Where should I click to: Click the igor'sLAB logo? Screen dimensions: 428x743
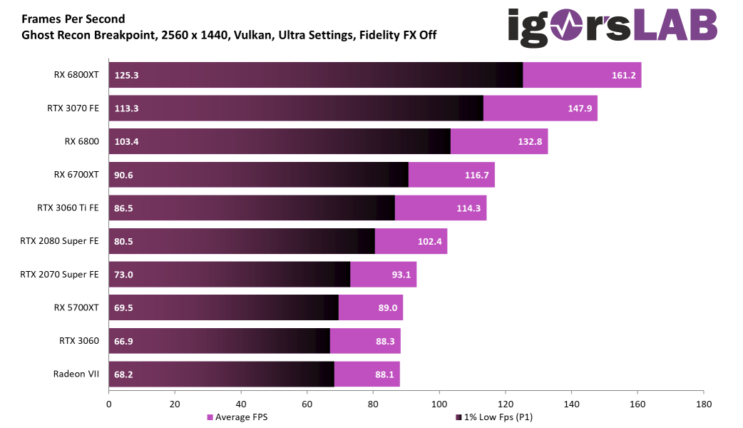pos(612,25)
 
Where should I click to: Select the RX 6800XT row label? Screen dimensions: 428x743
pos(76,75)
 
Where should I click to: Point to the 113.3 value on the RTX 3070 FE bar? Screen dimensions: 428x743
pos(126,108)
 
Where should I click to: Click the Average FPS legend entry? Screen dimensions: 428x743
pos(237,417)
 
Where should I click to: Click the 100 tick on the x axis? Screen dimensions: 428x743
pos(439,404)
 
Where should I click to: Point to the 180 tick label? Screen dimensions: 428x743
pos(703,404)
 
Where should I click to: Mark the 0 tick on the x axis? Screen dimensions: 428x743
pos(109,404)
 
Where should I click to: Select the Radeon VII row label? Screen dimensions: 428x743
pos(76,374)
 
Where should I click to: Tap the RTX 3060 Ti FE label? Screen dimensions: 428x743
pos(68,208)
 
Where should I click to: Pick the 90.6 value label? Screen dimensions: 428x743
pos(124,175)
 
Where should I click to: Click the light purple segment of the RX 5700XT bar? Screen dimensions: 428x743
pos(371,307)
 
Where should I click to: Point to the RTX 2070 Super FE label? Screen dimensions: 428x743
pos(59,274)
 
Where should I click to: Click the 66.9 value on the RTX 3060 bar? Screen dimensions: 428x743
pos(124,341)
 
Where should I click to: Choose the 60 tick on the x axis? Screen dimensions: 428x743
pos(307,404)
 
